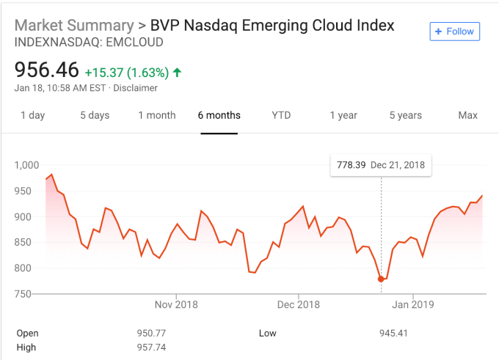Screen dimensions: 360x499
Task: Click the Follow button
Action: click(x=455, y=32)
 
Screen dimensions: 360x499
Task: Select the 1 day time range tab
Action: click(x=32, y=115)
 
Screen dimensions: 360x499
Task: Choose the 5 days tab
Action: click(x=95, y=115)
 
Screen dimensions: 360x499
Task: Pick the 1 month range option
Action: click(x=157, y=115)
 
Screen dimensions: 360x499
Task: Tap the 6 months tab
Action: click(x=219, y=115)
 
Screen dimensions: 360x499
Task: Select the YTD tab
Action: click(x=281, y=115)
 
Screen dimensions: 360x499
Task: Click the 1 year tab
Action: click(x=343, y=115)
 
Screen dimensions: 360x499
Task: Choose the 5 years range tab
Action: click(x=406, y=115)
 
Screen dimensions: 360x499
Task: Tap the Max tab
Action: click(x=467, y=115)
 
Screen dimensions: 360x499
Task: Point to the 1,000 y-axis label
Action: click(x=26, y=165)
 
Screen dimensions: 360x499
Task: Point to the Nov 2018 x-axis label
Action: click(x=176, y=304)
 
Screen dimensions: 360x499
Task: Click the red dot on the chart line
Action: click(x=381, y=279)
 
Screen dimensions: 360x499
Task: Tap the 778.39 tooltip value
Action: click(x=351, y=165)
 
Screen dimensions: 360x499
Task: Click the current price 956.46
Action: click(x=46, y=71)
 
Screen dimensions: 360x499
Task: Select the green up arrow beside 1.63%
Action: click(x=178, y=73)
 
